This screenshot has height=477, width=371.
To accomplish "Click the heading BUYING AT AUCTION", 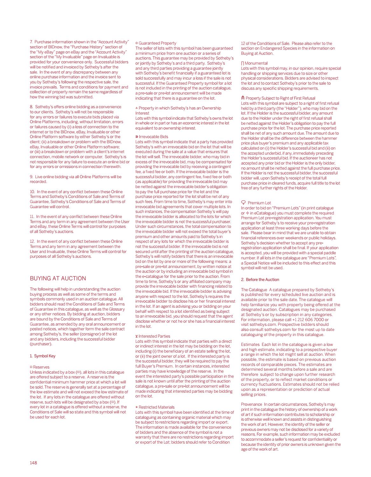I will (x=58, y=278).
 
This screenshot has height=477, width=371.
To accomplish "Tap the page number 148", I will (x=33, y=463).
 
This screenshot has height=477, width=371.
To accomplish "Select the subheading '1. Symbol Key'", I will (x=43, y=356).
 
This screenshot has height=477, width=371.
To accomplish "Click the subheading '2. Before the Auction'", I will (x=260, y=280).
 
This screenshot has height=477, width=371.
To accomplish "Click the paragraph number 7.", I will (x=31, y=42).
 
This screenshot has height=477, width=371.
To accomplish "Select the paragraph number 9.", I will (x=31, y=177).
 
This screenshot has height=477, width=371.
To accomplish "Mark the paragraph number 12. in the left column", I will (x=32, y=242).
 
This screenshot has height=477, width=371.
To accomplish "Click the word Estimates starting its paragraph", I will (x=250, y=345).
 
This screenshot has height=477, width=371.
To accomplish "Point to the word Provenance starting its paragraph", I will (x=251, y=404).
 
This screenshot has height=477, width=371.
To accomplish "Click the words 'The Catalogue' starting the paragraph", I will (x=254, y=290).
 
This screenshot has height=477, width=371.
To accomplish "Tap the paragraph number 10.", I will (x=32, y=192).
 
